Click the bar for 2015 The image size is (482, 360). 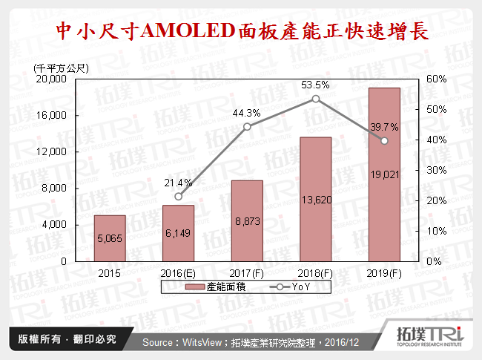coord(110,238)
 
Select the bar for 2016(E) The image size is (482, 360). coord(178,233)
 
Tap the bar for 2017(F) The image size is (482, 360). coord(247,220)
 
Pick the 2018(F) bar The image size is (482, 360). coord(315,199)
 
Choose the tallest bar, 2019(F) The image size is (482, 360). coord(384,174)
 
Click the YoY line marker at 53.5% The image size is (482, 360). coord(316,99)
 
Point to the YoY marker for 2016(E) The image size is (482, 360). coord(178,197)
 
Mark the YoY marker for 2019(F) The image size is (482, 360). coord(384,141)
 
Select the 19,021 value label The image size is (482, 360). coord(384,174)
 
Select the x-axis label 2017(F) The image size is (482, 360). coord(247,272)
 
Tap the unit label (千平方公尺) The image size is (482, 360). coord(62,68)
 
